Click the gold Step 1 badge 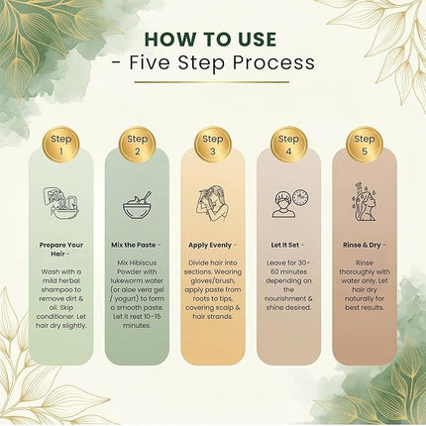(61, 145)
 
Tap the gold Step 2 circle (137, 145)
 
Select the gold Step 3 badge (213, 145)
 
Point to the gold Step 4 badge (288, 145)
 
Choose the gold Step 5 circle (365, 145)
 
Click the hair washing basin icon (61, 204)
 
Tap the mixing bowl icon (137, 205)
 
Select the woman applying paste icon (213, 203)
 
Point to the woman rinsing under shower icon (365, 202)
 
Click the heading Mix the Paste (134, 245)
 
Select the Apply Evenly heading (210, 246)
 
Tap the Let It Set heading (285, 245)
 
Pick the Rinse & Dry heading (362, 246)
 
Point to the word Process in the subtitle (273, 62)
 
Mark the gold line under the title (212, 82)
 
